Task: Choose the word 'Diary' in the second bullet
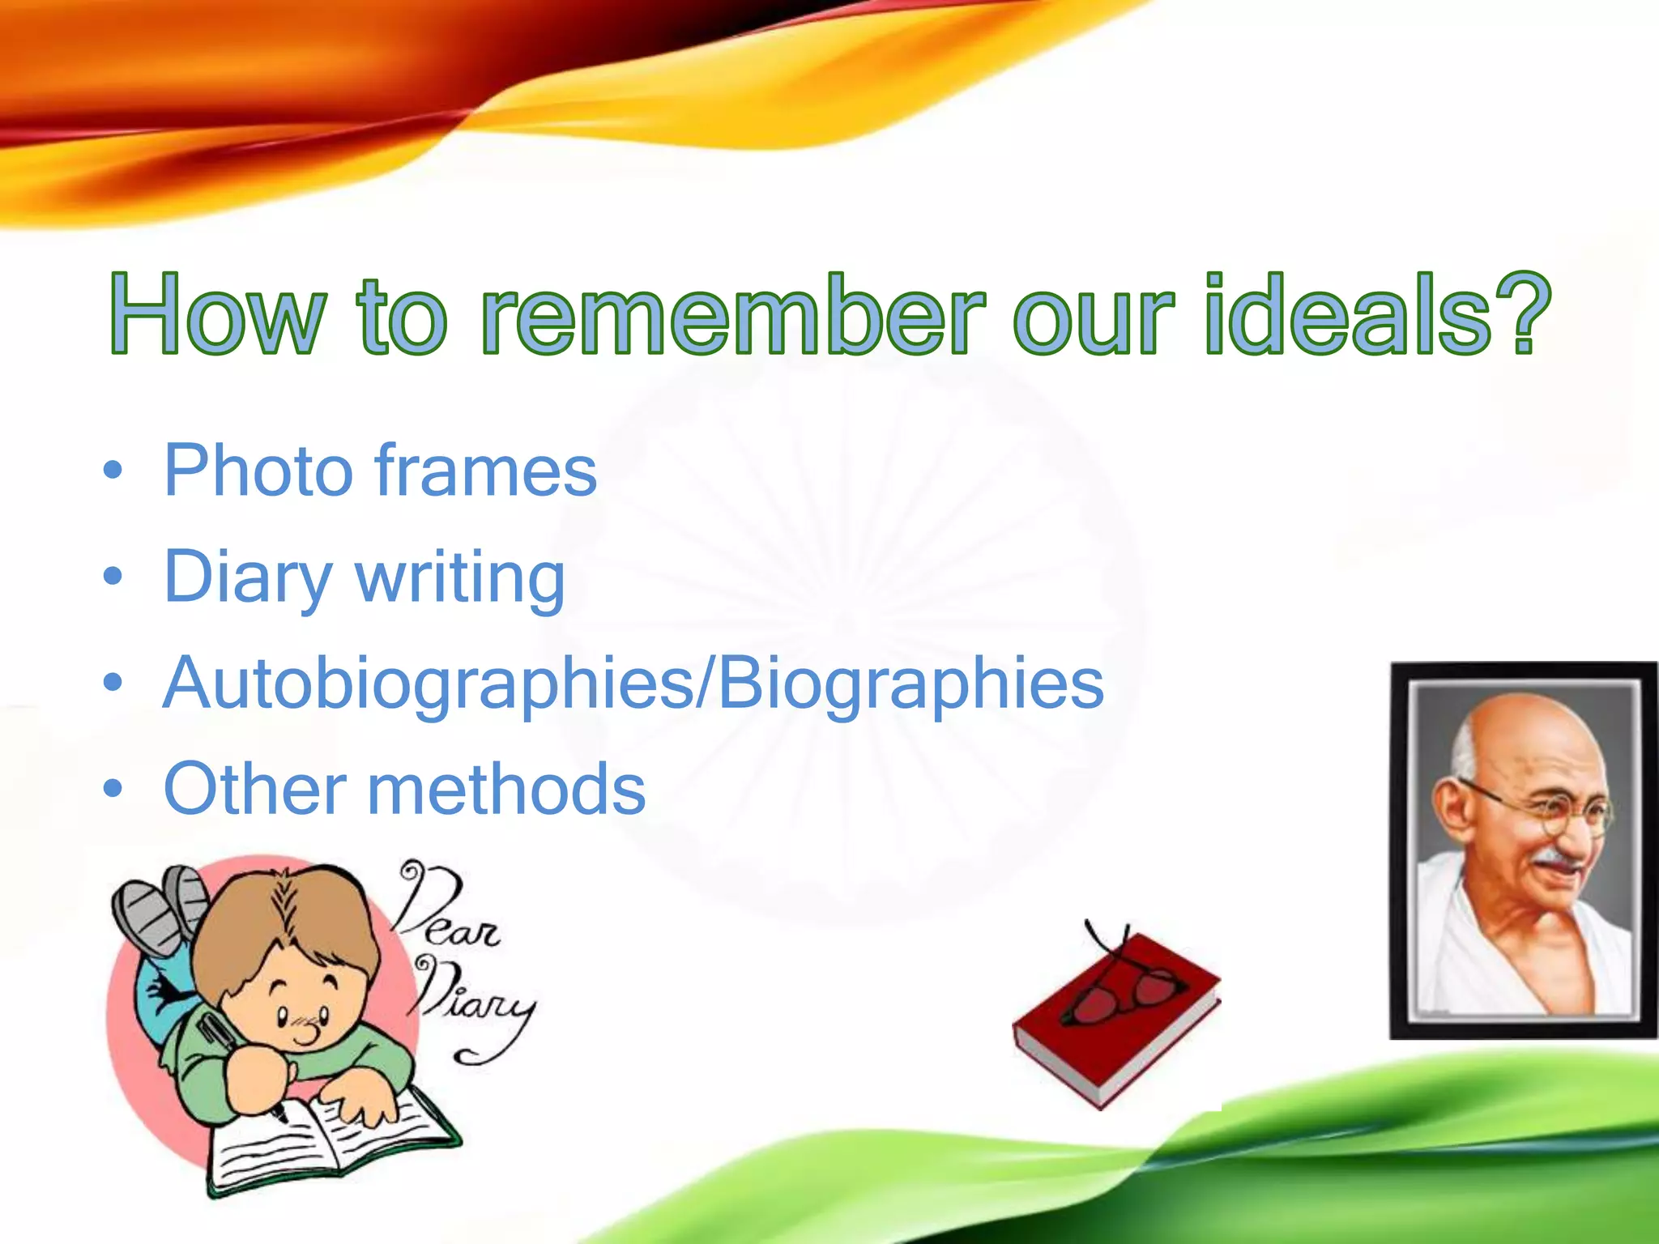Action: [x=247, y=577]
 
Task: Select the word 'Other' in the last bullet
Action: [x=255, y=789]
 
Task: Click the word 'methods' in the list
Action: [x=507, y=789]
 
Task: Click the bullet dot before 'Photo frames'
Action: [x=113, y=471]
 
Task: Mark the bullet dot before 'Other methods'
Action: [x=113, y=789]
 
